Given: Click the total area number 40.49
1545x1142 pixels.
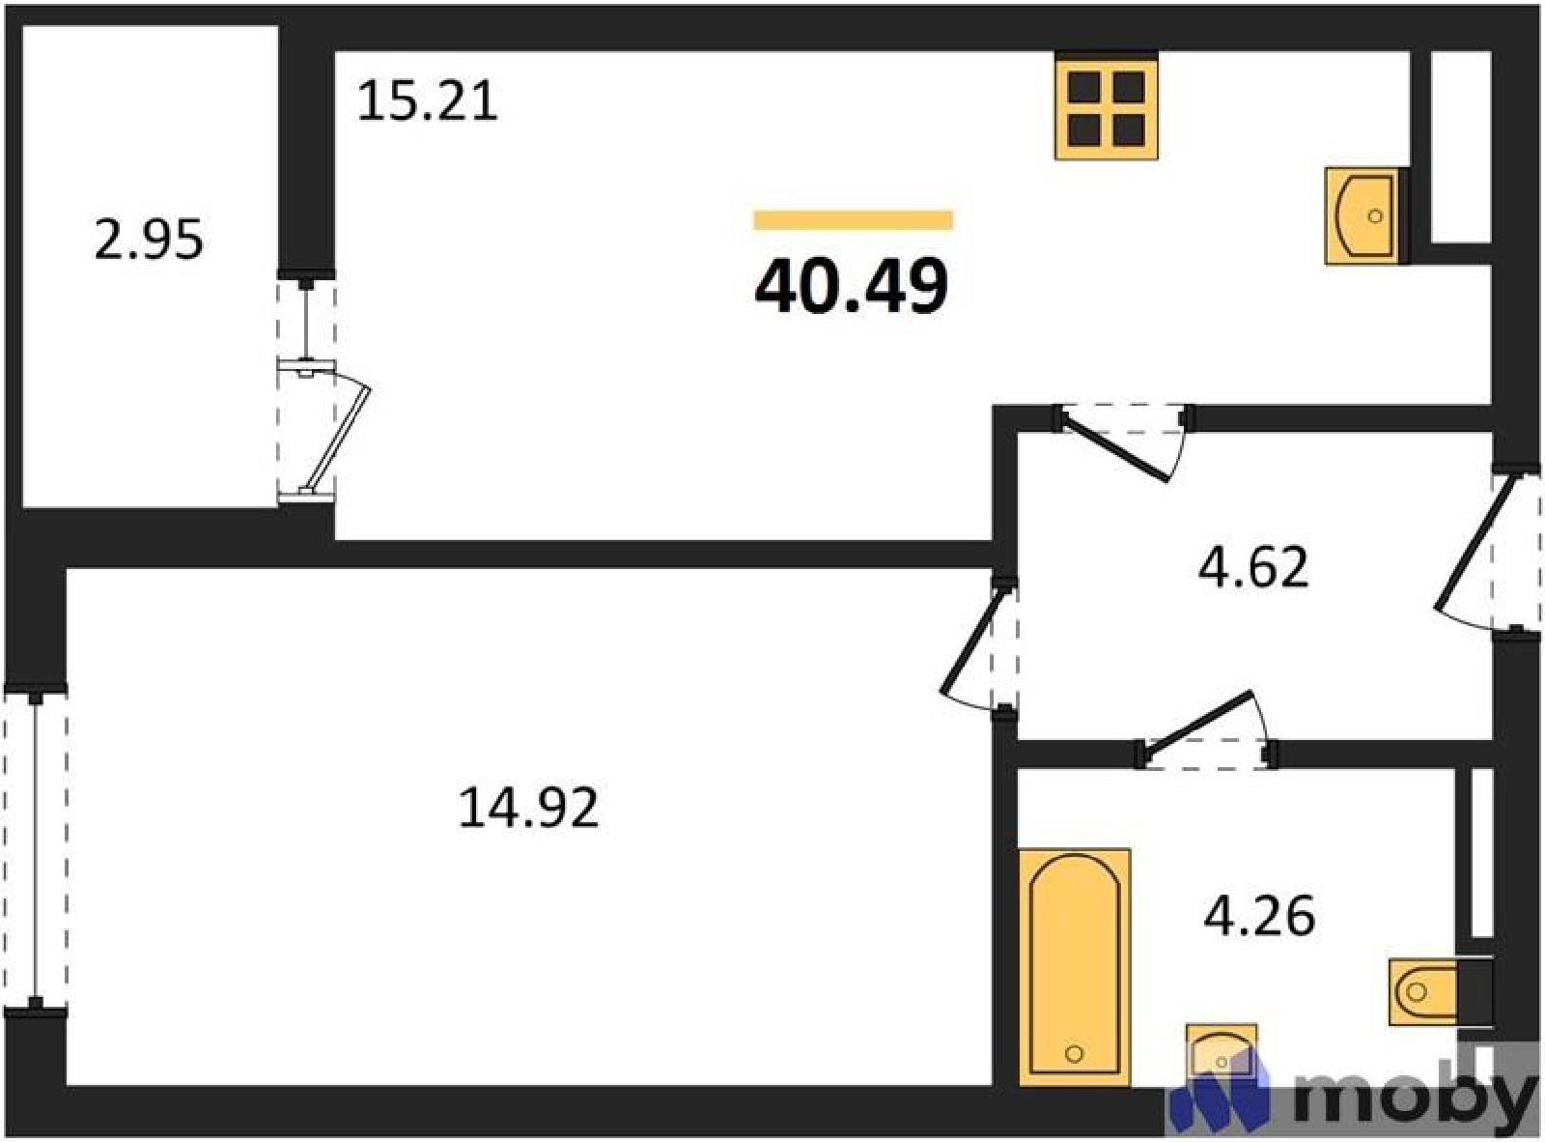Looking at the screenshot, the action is point(851,285).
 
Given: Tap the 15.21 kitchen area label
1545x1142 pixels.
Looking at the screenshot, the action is point(428,101).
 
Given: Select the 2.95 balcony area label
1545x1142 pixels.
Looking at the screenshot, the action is point(149,240).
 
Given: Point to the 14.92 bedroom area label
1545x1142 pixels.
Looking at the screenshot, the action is point(529,808).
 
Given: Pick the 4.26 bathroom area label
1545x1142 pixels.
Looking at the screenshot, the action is point(1259,915).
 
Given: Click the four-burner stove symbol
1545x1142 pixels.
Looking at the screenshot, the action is point(1107,106).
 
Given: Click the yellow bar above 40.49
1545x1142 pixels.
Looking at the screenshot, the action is point(853,219).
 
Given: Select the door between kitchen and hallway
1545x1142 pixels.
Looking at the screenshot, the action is point(1123,441).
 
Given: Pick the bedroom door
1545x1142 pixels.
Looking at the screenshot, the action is point(979,644).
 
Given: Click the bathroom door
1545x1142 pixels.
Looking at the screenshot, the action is point(1206,730).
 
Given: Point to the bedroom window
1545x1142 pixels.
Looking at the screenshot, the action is point(36,850).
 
